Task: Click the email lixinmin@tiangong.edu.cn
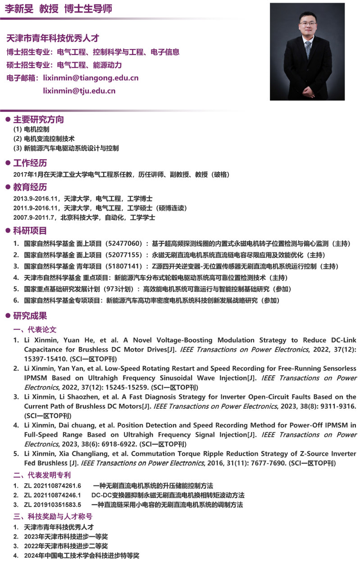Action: (91, 78)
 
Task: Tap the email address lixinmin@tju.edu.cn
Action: (79, 91)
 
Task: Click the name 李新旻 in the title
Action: (19, 9)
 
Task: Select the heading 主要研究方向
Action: (38, 120)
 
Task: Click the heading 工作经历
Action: (30, 163)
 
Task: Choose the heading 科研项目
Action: (30, 231)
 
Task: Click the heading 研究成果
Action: (30, 316)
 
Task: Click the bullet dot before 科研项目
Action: (7, 231)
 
